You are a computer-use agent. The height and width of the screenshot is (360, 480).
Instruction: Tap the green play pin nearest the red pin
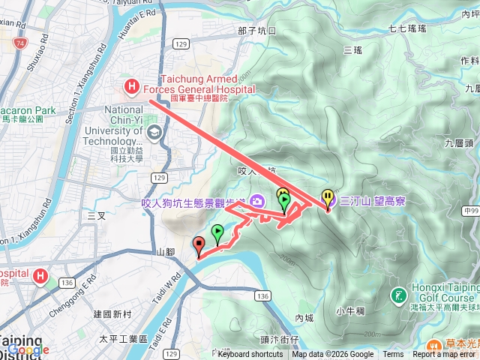coord(217,232)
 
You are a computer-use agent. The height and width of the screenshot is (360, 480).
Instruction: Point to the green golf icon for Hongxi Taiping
coord(397,295)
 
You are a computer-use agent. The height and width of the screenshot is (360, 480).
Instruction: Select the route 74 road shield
coord(19,44)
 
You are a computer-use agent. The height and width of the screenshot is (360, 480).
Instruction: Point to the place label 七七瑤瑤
coord(407,28)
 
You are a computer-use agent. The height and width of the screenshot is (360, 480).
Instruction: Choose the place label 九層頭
coord(457,142)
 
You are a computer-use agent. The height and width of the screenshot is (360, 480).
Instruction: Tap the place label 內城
coord(304,318)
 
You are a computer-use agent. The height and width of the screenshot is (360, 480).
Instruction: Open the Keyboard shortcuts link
coord(250,355)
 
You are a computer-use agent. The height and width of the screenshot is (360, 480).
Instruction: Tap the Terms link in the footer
coord(393,355)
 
